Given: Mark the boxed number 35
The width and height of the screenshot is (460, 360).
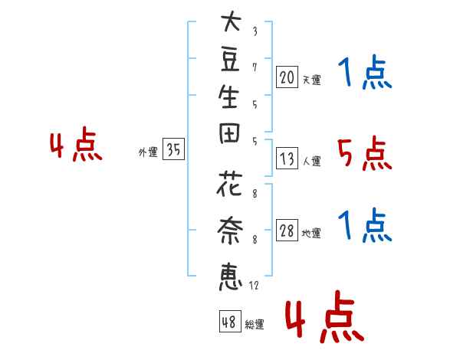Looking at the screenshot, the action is pyautogui.click(x=173, y=151).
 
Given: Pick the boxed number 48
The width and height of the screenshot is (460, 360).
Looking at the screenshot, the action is pyautogui.click(x=229, y=323).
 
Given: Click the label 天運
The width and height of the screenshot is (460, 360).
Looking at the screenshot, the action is pyautogui.click(x=311, y=80).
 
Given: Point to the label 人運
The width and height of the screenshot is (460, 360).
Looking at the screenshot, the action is pyautogui.click(x=311, y=162).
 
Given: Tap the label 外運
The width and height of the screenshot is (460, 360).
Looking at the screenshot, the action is pyautogui.click(x=148, y=153).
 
